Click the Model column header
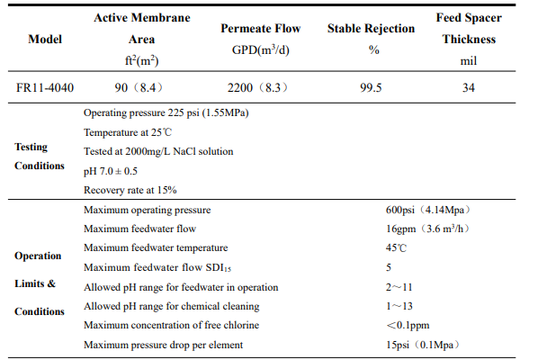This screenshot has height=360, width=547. (45, 39)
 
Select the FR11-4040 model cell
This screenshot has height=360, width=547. (45, 87)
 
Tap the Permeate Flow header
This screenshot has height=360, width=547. (261, 28)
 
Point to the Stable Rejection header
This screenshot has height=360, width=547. (372, 28)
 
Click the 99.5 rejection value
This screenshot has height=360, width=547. (371, 87)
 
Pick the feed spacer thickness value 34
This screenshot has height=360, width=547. (469, 87)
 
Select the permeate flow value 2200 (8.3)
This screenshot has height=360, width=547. (258, 87)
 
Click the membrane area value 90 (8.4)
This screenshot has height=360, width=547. (139, 87)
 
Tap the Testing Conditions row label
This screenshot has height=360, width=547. (40, 156)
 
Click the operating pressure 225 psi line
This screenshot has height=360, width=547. (166, 113)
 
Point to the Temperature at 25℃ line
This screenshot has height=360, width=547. (128, 132)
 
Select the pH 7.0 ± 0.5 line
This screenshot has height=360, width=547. (111, 171)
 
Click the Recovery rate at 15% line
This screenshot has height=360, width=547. (130, 190)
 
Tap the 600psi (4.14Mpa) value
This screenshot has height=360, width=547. (428, 210)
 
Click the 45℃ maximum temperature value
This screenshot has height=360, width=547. (396, 248)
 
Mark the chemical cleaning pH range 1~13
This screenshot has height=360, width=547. (399, 306)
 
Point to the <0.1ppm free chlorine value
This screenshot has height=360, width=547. (408, 326)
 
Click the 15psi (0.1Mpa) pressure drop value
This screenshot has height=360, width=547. (423, 345)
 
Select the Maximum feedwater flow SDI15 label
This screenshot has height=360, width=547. (157, 267)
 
